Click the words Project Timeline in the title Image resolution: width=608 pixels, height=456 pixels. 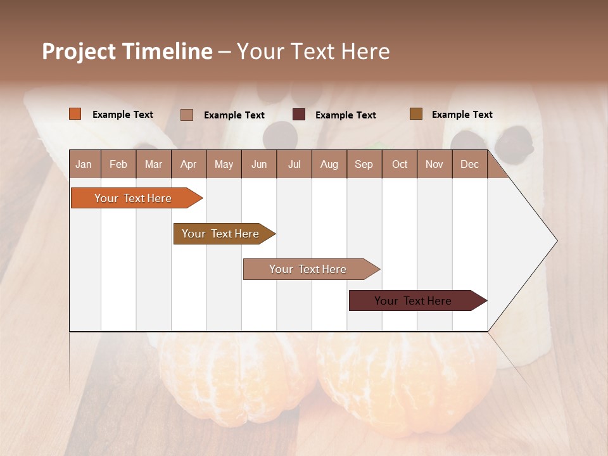click(x=127, y=51)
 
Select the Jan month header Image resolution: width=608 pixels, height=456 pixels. click(x=84, y=164)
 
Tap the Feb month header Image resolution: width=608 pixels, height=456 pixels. click(x=118, y=164)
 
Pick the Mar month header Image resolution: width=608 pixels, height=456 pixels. click(x=153, y=164)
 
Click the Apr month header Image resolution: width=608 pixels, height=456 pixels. click(x=189, y=164)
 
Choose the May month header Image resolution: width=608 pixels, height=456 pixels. click(x=224, y=164)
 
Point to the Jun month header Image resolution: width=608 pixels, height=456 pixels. click(x=259, y=164)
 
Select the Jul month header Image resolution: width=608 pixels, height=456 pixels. click(x=294, y=164)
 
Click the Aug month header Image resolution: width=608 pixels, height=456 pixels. click(x=329, y=164)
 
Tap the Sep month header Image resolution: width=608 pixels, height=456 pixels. click(x=364, y=164)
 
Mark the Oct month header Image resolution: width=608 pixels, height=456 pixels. click(x=400, y=164)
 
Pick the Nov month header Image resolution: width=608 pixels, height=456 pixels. click(x=434, y=164)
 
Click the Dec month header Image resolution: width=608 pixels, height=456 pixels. click(x=470, y=164)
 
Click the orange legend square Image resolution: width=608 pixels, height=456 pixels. click(x=75, y=114)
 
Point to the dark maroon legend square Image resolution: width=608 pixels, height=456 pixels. click(x=299, y=115)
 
